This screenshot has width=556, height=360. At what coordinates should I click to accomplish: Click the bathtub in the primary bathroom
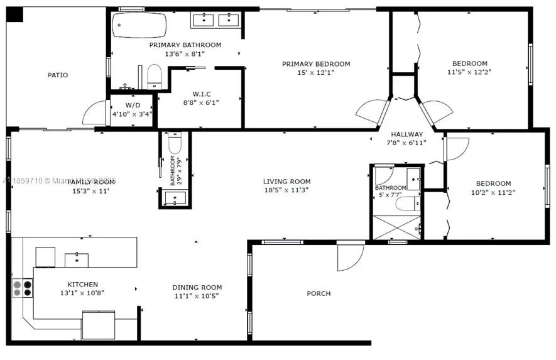(139, 26)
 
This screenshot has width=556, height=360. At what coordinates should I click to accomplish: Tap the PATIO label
(58, 75)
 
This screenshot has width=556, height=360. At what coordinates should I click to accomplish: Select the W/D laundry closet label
(133, 105)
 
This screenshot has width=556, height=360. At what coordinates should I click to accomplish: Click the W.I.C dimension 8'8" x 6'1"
(201, 102)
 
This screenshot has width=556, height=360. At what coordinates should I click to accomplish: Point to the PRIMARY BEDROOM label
(315, 64)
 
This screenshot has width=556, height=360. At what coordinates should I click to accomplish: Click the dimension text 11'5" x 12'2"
(469, 72)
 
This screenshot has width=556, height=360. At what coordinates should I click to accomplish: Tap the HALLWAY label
(407, 134)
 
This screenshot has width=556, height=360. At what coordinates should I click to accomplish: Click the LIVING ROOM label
(286, 182)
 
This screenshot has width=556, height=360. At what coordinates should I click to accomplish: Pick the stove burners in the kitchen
(23, 288)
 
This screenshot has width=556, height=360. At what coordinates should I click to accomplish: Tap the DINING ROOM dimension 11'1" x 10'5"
(197, 296)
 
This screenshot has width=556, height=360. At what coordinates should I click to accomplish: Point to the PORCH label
(319, 293)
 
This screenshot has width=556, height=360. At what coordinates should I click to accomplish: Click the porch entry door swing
(349, 256)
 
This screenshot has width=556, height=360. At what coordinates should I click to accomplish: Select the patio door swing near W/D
(94, 113)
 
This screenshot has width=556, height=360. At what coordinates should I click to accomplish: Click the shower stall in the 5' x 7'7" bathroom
(396, 227)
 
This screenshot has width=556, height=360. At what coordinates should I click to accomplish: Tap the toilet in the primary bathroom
(155, 79)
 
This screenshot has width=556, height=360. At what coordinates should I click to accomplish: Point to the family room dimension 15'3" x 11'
(91, 190)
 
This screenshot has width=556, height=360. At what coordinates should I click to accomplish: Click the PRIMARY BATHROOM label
(185, 45)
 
